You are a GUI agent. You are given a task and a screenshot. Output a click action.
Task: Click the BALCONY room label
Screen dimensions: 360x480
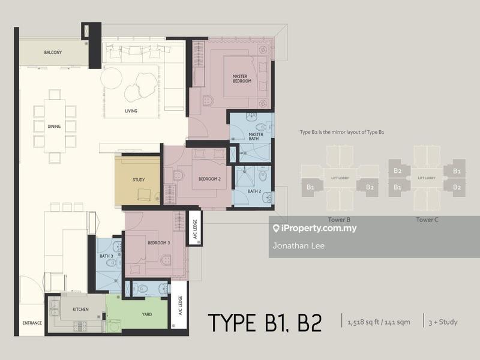53,53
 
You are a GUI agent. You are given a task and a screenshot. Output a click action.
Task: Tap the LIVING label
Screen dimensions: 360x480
131,111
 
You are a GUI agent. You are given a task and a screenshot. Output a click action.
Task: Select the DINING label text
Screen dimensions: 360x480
55,127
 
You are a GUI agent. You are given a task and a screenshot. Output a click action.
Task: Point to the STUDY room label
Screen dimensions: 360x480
139,179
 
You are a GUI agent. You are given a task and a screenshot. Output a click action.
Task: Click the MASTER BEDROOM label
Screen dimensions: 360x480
242,78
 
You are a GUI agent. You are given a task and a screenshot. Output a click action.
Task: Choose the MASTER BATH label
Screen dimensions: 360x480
256,137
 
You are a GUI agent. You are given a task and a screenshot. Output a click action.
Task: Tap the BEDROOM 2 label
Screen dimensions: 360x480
210,179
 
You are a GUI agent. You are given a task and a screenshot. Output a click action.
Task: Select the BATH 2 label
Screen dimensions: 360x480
254,192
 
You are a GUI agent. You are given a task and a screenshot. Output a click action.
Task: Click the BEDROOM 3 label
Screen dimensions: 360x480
159,242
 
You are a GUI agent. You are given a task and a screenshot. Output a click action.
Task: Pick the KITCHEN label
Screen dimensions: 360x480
81,309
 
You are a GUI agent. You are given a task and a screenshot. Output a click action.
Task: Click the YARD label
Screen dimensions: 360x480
146,314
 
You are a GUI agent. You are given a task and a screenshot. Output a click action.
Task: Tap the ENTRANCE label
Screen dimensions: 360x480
32,323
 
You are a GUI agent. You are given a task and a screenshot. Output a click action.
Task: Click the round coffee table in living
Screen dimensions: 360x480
112,78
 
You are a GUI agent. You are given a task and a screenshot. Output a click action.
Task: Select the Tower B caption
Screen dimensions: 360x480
340,220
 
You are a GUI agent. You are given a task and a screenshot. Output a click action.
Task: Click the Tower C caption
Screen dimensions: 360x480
427,220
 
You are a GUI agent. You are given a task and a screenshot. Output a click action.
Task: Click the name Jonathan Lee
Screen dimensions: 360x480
299,245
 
